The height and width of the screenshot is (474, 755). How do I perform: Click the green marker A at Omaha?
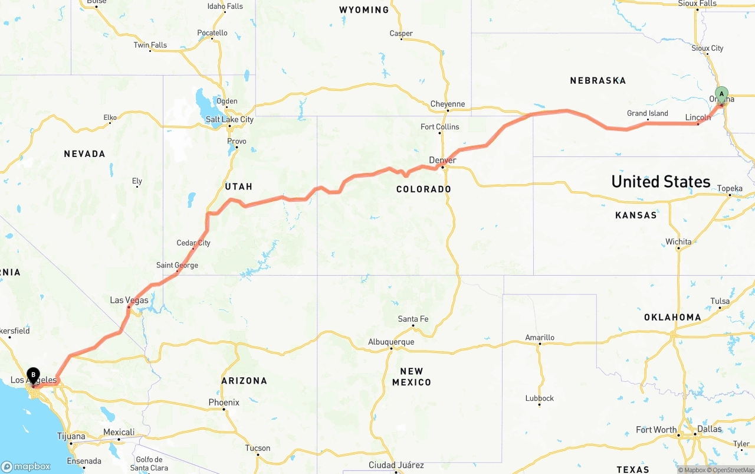click(x=721, y=94)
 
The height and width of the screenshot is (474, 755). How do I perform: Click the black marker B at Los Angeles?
click(x=34, y=374)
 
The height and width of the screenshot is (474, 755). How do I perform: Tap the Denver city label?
click(x=442, y=161)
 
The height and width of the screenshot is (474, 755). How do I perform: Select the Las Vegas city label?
click(x=129, y=300)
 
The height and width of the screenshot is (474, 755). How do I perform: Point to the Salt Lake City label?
click(x=229, y=119)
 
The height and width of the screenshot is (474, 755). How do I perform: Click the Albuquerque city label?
click(x=391, y=342)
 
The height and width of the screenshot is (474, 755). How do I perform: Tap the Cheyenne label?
click(x=447, y=104)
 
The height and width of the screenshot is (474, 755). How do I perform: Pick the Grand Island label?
click(x=647, y=113)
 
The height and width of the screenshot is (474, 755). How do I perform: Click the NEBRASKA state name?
click(x=598, y=80)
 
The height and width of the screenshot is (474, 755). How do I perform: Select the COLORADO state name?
click(x=424, y=189)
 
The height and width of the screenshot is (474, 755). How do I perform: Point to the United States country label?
click(x=661, y=181)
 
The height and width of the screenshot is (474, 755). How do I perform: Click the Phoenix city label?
click(x=224, y=403)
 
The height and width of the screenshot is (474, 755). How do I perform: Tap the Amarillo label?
click(x=540, y=338)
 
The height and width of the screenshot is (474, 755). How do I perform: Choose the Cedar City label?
click(x=193, y=243)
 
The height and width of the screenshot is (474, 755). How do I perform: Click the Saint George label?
click(x=177, y=265)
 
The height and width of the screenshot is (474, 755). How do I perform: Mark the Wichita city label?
click(x=678, y=241)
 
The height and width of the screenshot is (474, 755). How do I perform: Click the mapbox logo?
click(x=26, y=466)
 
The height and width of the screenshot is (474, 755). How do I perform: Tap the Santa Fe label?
click(x=413, y=319)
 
